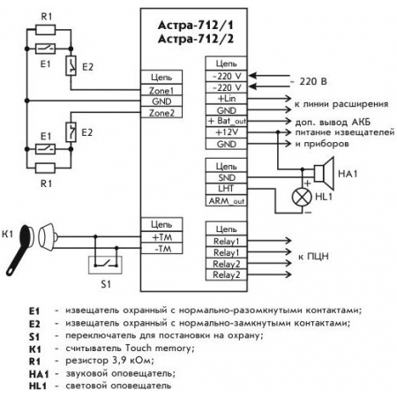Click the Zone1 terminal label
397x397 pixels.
[161, 90]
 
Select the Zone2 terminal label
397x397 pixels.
[161, 112]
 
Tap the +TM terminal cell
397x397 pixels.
[161, 237]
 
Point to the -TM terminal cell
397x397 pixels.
[161, 249]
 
